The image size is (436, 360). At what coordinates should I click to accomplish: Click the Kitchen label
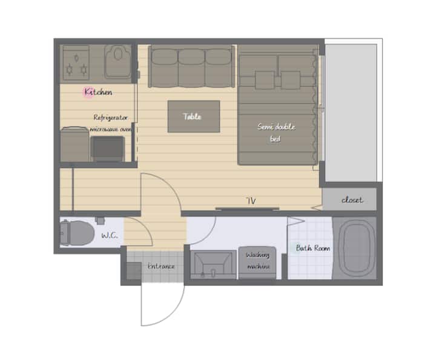tap(99, 92)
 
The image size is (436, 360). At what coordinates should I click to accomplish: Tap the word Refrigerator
tap(111, 118)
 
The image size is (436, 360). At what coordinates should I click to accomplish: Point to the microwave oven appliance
tap(107, 148)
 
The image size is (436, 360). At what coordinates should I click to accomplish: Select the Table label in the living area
tap(192, 116)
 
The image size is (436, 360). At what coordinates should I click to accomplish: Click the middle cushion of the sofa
tap(191, 68)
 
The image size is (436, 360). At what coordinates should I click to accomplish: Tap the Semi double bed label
tap(276, 133)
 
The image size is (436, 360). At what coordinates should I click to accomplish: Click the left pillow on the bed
tap(265, 80)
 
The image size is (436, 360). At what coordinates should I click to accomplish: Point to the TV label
tap(251, 201)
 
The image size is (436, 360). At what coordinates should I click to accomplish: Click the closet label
tap(352, 200)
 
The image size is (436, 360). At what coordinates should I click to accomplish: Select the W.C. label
tap(109, 236)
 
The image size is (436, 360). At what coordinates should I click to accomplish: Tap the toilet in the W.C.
tap(78, 233)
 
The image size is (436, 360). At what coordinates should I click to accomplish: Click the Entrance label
tap(161, 266)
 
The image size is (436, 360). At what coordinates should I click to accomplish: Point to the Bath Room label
tap(313, 248)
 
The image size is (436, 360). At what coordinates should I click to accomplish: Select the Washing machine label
tap(258, 261)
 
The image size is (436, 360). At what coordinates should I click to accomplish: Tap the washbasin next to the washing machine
tap(213, 265)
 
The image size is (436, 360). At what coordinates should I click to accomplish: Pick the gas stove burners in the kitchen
tap(76, 64)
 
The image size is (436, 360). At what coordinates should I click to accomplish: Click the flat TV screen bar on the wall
tap(247, 208)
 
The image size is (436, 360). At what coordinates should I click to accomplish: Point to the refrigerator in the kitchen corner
tap(74, 144)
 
